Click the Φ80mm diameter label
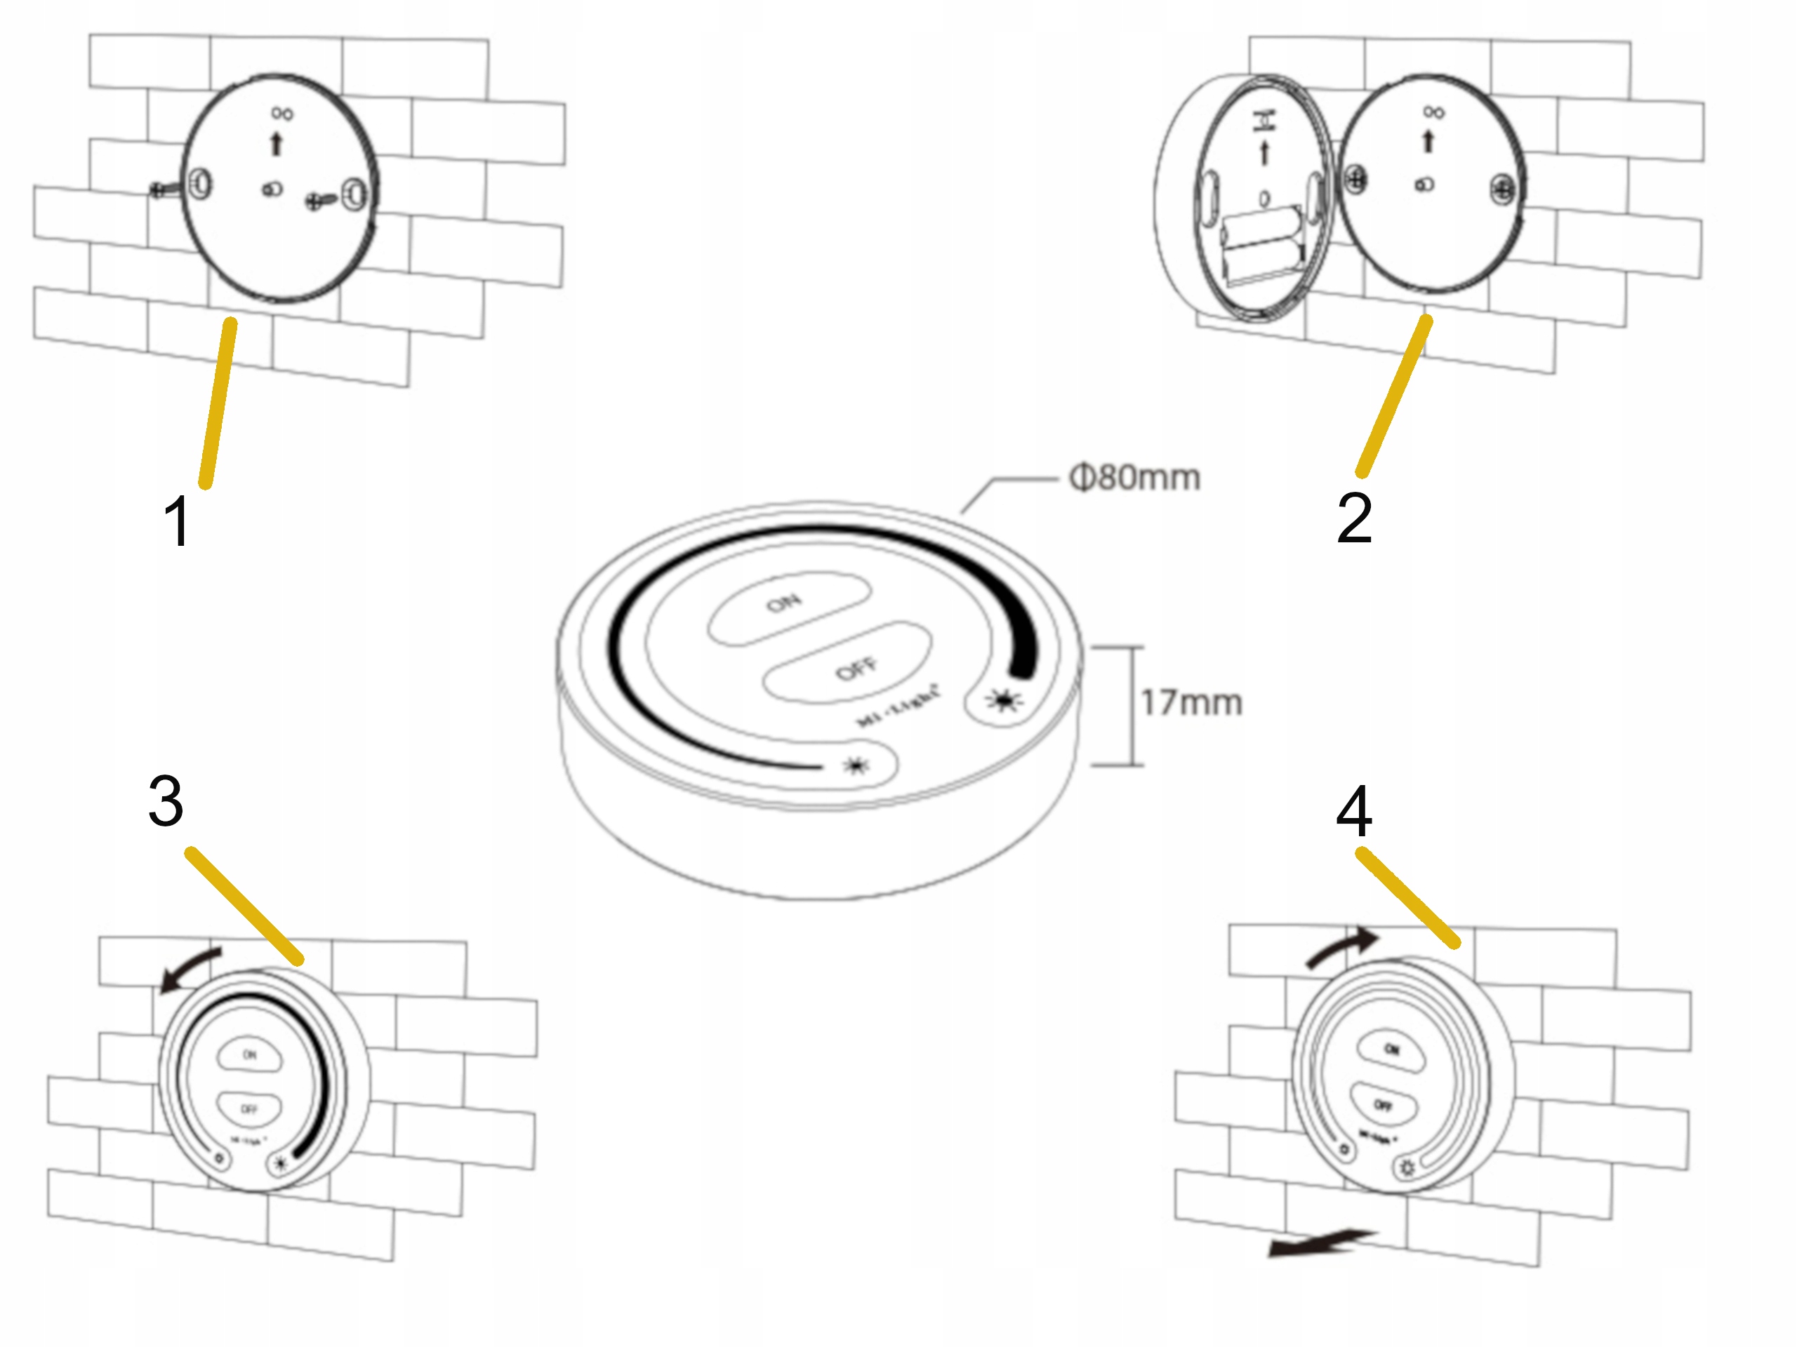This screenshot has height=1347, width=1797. coord(1134,478)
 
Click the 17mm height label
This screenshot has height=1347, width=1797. coord(1191,703)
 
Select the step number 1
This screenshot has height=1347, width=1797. coord(178,521)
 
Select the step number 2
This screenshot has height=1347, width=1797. coord(1354,517)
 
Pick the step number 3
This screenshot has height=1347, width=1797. coord(166,800)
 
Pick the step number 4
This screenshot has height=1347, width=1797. coord(1354,811)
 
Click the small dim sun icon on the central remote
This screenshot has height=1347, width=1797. coord(856,765)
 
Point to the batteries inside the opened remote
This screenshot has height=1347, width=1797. coord(1261,242)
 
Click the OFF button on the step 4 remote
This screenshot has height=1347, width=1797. coord(1383,1104)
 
